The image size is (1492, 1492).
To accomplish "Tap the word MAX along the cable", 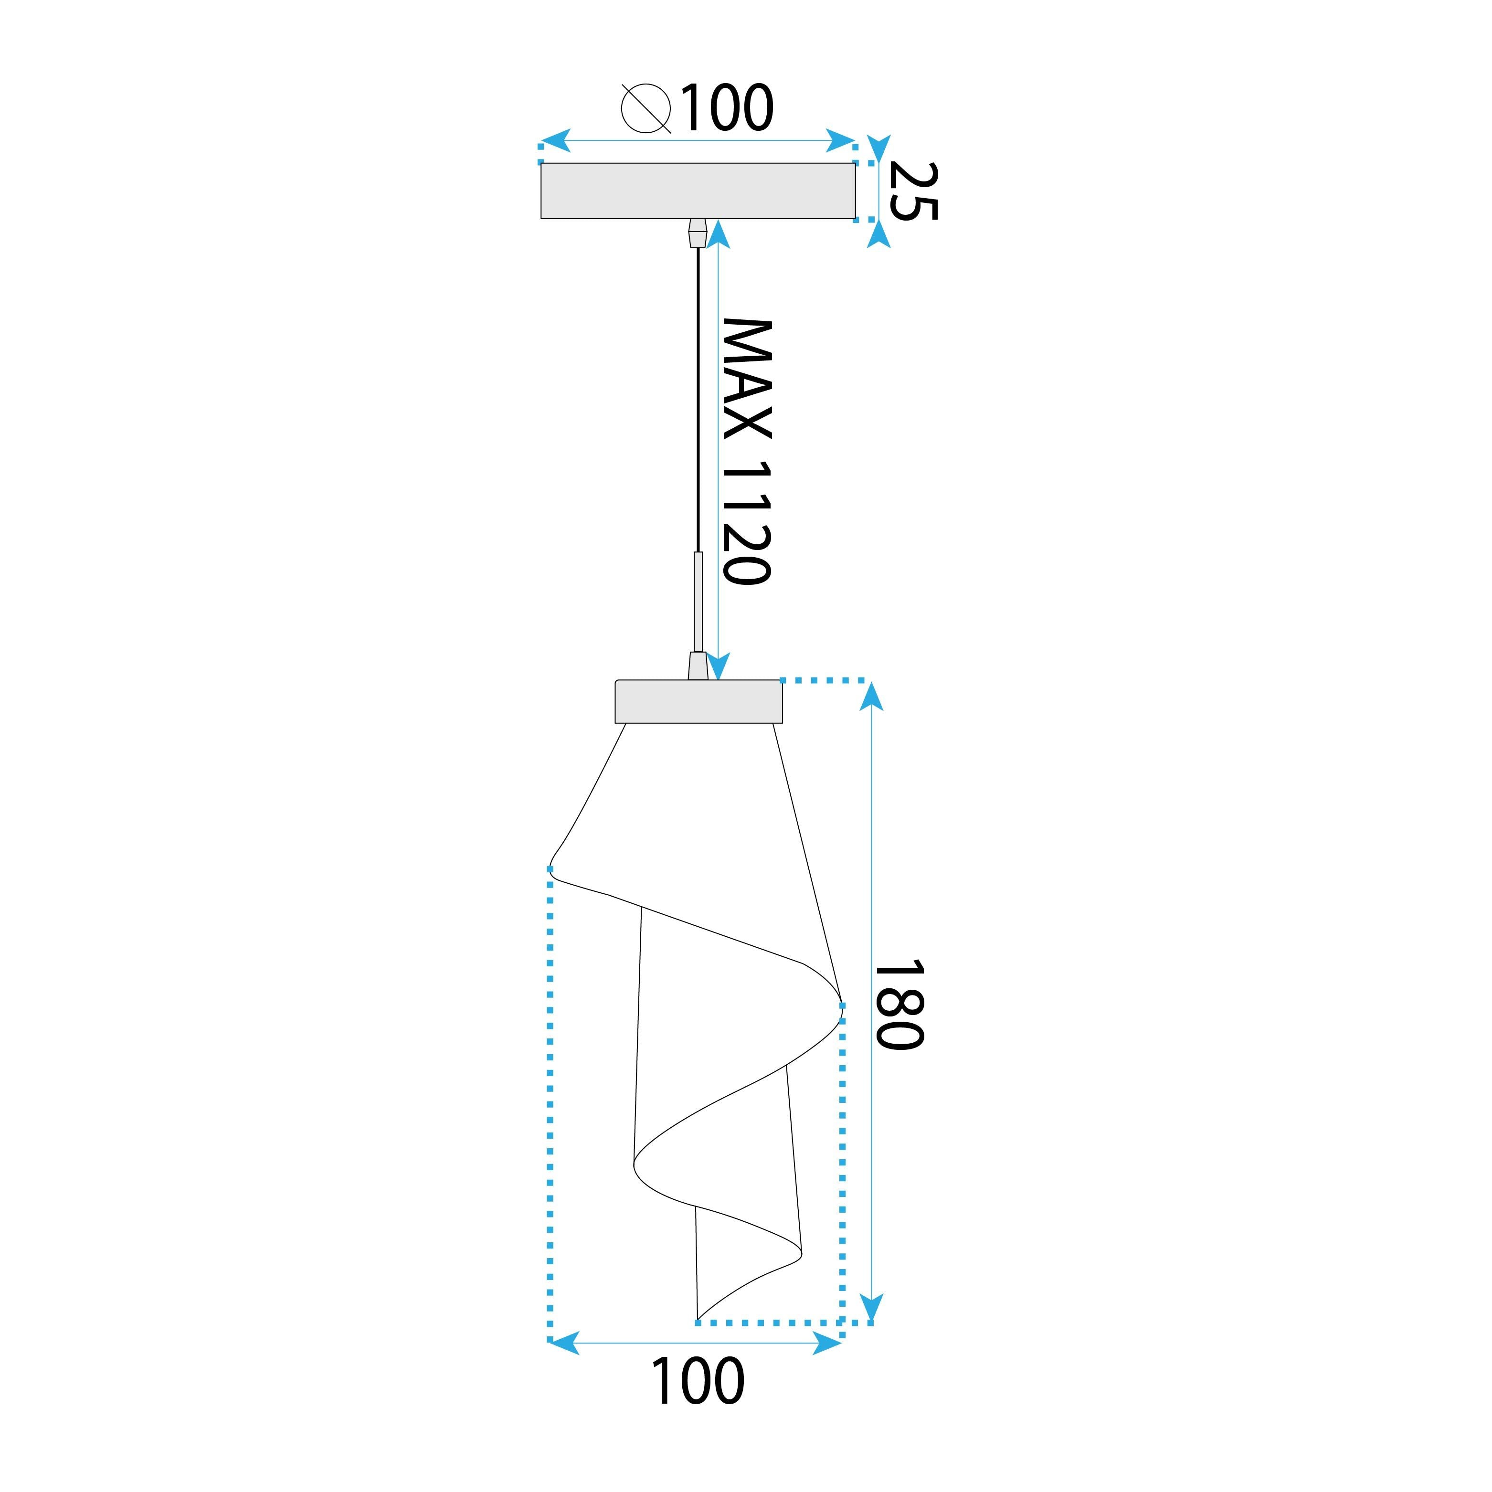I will click(747, 379).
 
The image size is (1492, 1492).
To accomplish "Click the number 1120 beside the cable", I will click(747, 523).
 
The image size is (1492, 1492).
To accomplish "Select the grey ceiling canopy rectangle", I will click(698, 191).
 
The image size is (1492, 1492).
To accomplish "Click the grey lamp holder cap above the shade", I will click(698, 701).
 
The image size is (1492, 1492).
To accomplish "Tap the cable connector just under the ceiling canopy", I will click(698, 233).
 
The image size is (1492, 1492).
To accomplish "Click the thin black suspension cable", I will click(698, 402).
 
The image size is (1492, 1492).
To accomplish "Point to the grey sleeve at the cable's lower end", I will click(698, 603).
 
